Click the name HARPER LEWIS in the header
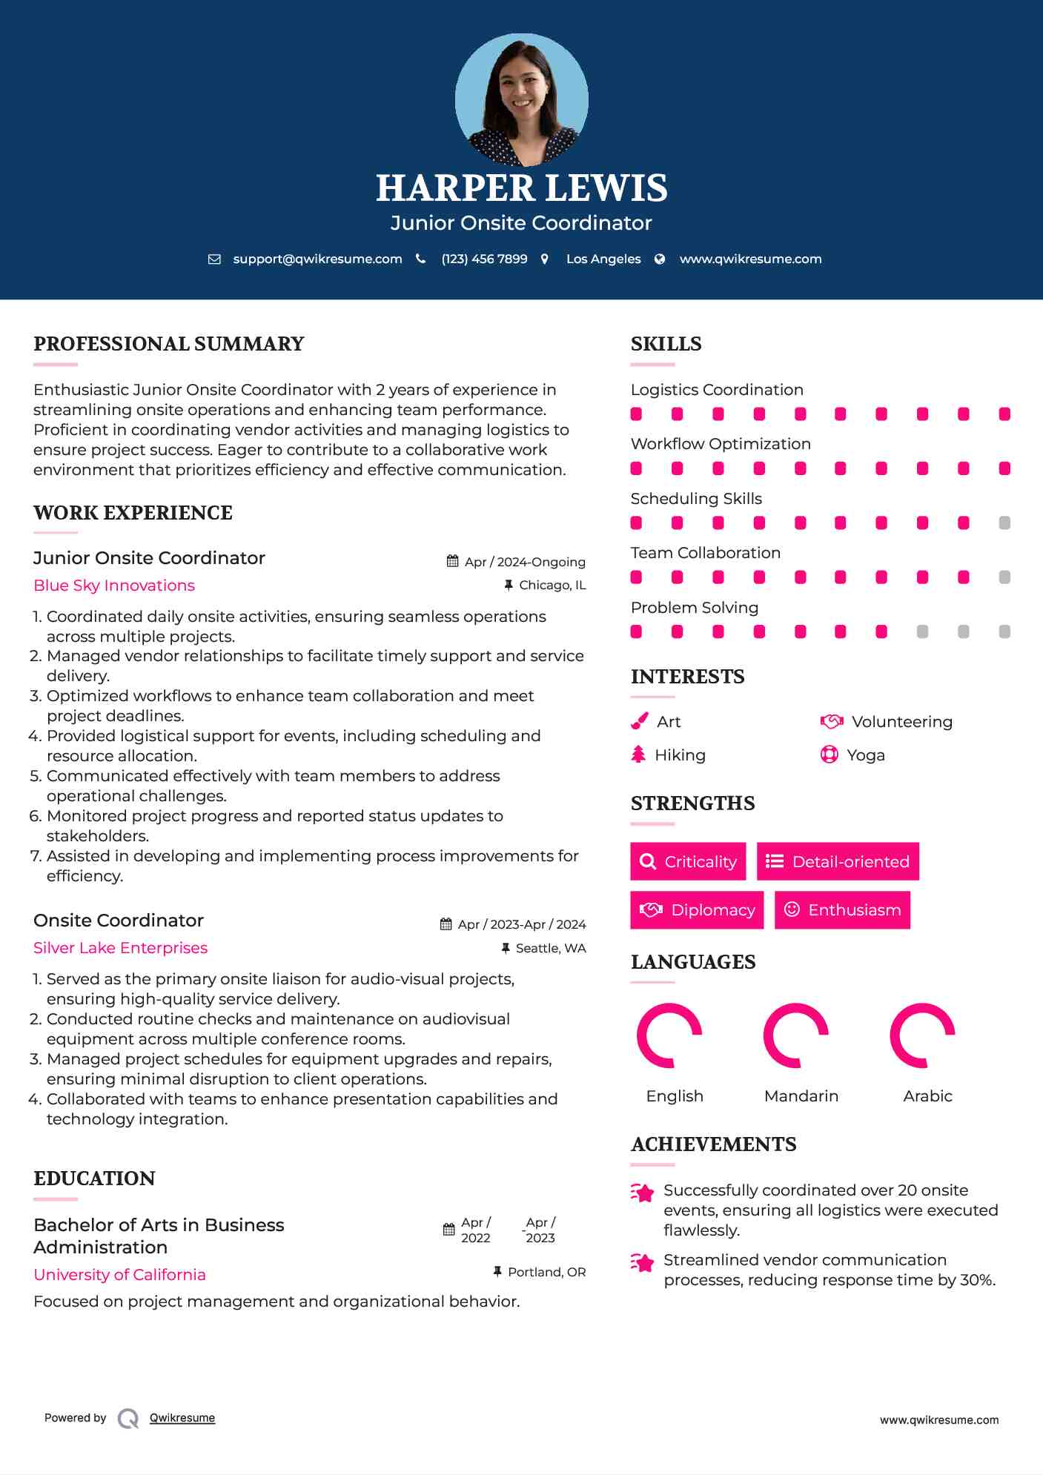coord(521,188)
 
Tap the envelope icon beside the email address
coord(214,259)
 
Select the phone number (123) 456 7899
coord(484,259)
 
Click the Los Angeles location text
coord(603,259)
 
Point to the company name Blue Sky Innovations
coord(114,586)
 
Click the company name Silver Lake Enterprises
coord(120,948)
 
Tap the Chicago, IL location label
coord(552,586)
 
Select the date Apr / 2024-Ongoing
coord(524,562)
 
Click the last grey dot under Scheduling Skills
coord(1004,523)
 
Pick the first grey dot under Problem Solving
coord(922,632)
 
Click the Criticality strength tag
coord(688,861)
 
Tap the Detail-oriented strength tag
coord(838,861)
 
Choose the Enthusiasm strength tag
coord(842,910)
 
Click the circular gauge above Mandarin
coord(795,1035)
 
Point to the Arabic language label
coord(927,1096)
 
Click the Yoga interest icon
coord(829,755)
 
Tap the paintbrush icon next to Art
coord(639,722)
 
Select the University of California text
coord(119,1275)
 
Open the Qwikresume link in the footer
coord(182,1418)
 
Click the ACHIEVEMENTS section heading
coord(713,1144)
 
